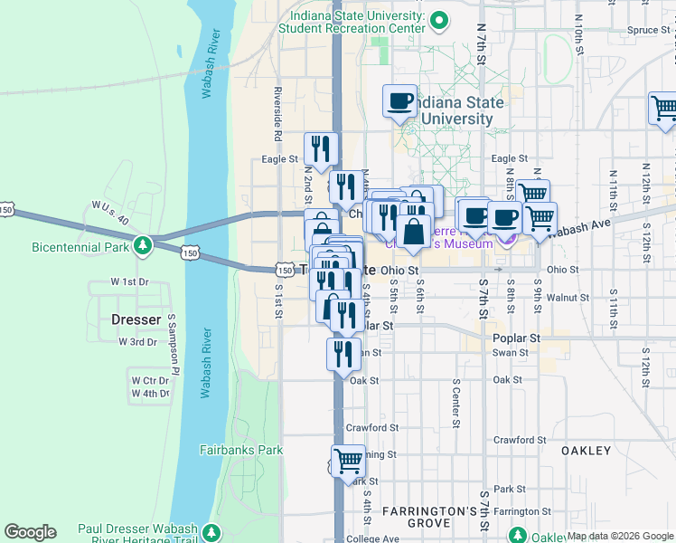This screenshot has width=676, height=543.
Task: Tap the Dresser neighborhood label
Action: tap(136, 319)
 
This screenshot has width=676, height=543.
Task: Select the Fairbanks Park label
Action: tap(241, 450)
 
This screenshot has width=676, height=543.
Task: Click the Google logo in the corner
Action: tap(30, 532)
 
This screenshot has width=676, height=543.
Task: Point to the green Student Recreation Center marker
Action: tap(439, 19)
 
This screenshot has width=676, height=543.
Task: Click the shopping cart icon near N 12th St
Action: tap(664, 109)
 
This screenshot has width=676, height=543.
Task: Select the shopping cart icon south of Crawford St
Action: tap(348, 461)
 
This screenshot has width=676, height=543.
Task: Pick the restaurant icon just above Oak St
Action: tap(343, 354)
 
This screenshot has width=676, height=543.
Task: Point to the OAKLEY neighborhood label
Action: tap(587, 450)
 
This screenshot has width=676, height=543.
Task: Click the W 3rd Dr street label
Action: tap(137, 341)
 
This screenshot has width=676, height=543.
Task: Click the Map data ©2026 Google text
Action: tap(620, 536)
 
